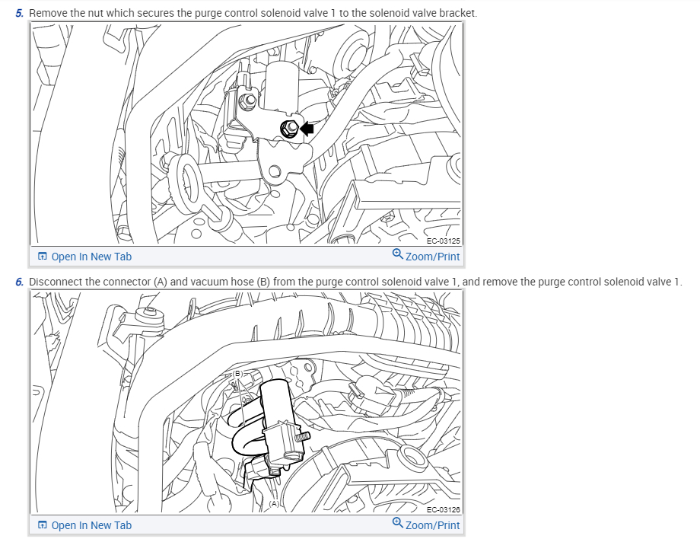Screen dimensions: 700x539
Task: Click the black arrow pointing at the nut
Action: click(307, 129)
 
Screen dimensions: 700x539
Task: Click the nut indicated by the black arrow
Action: click(290, 129)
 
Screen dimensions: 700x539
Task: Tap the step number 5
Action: click(20, 14)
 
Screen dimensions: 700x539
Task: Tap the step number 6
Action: click(20, 282)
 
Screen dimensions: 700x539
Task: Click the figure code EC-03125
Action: click(443, 241)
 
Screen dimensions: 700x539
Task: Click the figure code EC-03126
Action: click(443, 510)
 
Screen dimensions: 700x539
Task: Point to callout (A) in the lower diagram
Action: click(275, 503)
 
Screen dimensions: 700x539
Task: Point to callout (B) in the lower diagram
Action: click(237, 374)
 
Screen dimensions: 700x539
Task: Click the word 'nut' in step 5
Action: click(100, 14)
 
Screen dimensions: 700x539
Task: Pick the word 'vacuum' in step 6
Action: click(208, 282)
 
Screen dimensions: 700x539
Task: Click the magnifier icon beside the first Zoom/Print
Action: click(397, 255)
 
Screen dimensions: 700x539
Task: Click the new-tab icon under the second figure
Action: click(43, 525)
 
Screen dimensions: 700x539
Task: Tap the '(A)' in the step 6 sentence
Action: click(160, 282)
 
